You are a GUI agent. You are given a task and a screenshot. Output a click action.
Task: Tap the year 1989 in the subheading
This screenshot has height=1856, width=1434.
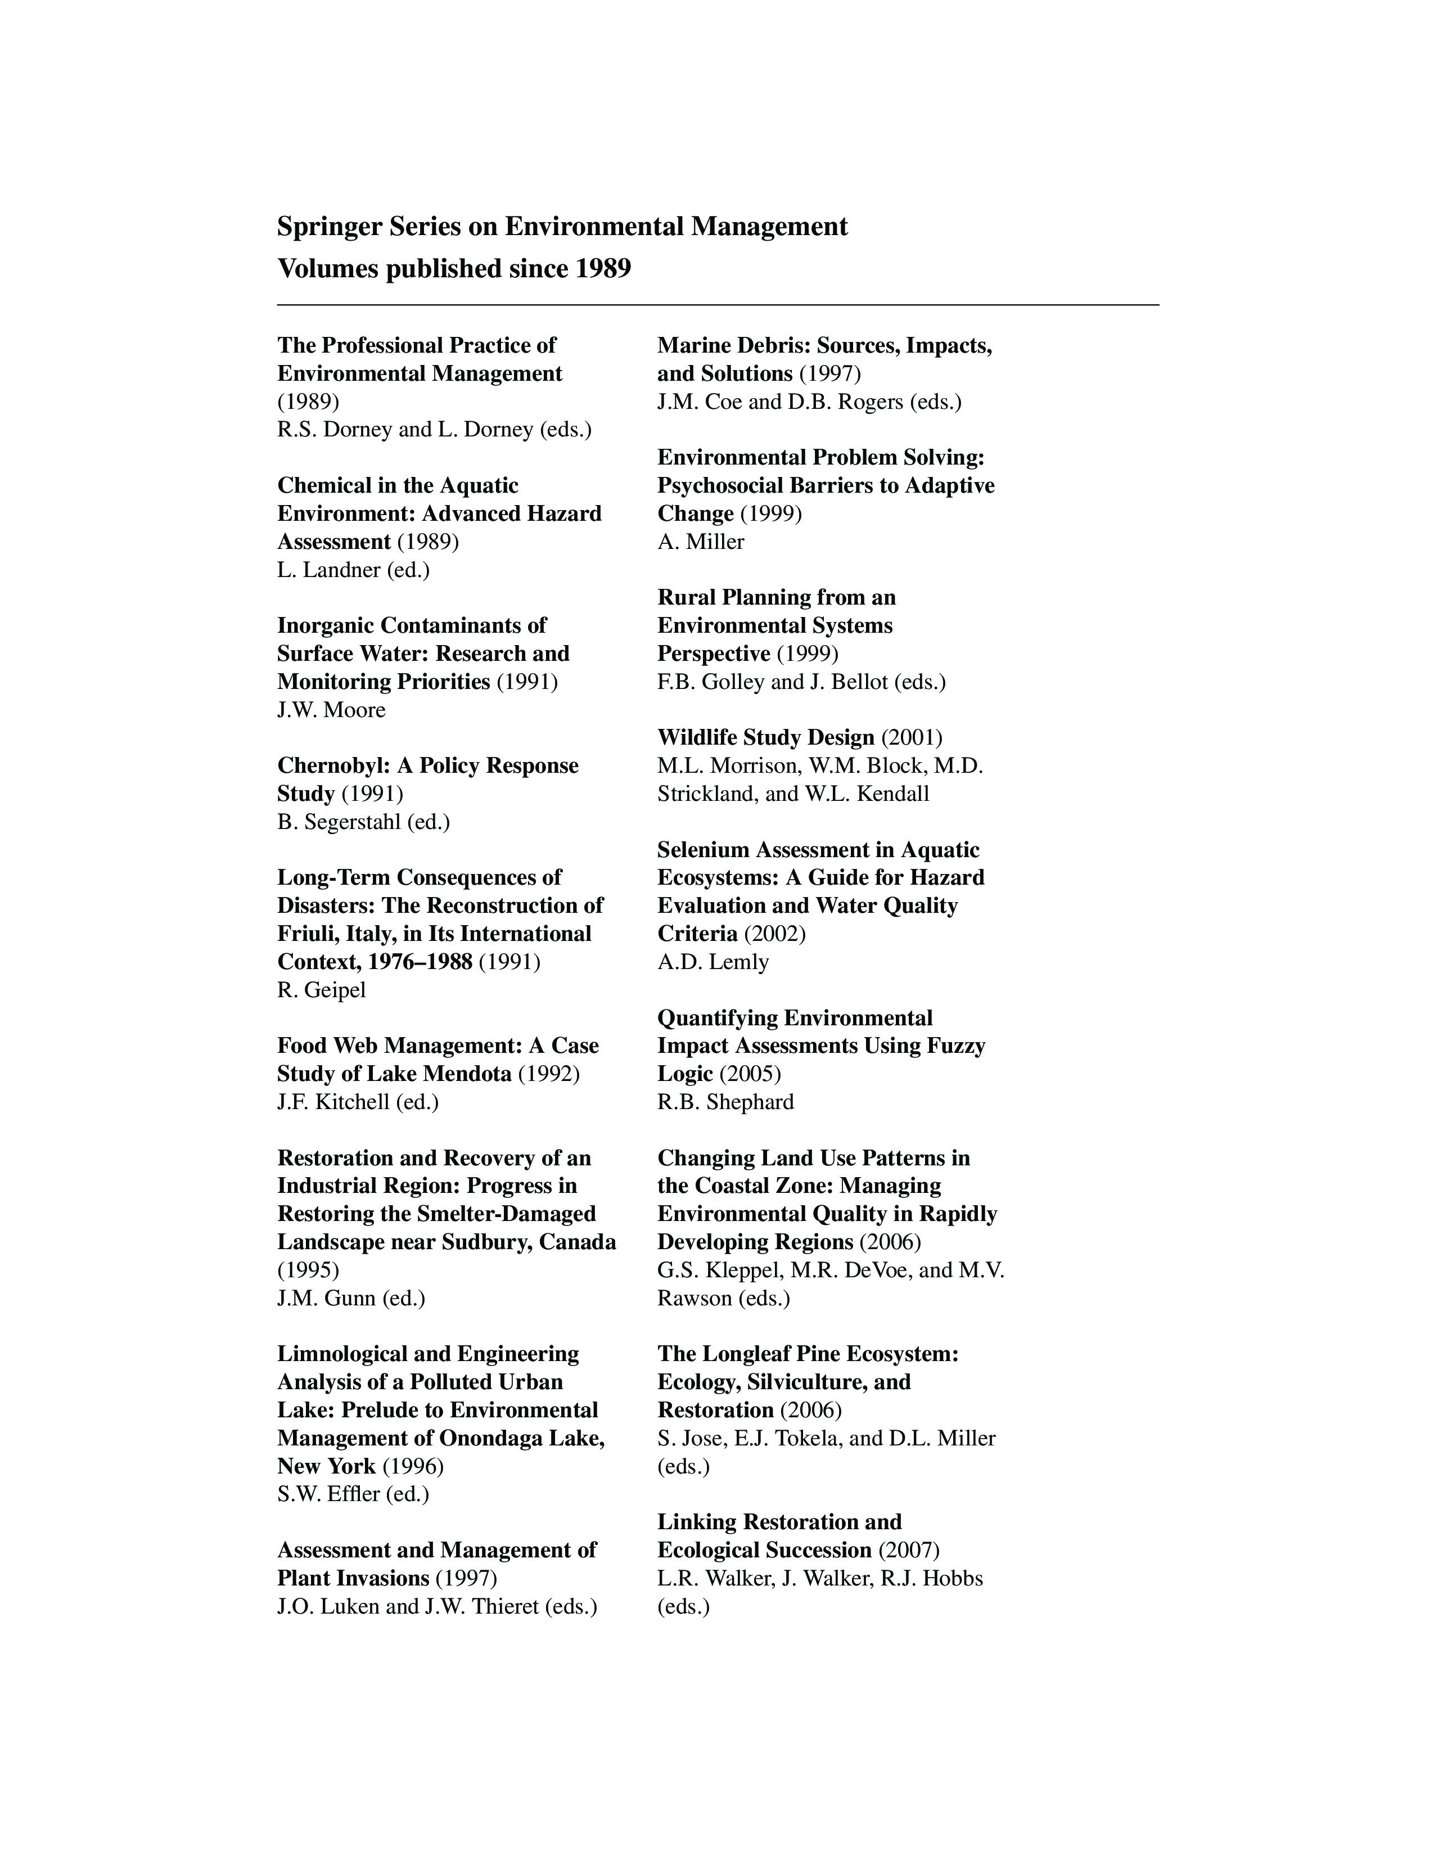[x=602, y=269]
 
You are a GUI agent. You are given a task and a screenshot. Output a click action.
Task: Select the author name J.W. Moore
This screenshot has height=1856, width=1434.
[x=331, y=710]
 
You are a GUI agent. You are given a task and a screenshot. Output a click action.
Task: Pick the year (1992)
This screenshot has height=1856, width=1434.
[x=549, y=1074]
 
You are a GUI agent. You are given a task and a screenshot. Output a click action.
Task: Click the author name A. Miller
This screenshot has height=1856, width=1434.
[x=701, y=542]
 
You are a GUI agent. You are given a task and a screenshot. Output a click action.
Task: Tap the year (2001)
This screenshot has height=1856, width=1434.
[x=912, y=738]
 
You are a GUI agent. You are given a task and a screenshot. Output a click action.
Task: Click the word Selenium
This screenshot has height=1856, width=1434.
[x=702, y=850]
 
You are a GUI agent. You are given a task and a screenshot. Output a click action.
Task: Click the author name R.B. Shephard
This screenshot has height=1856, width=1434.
[x=725, y=1102]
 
